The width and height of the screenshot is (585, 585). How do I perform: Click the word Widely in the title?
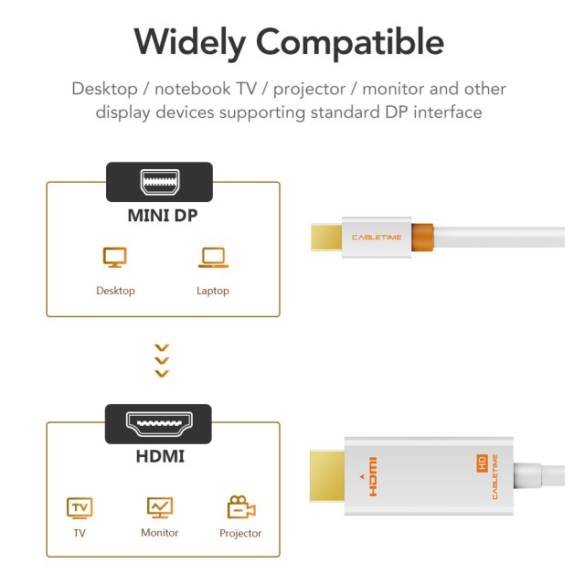189,43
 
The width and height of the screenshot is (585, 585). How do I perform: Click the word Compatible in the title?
350,43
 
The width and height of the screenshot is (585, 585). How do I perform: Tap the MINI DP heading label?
162,218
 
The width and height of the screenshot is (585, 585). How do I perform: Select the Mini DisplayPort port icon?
159,181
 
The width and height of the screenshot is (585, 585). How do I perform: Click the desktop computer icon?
115,258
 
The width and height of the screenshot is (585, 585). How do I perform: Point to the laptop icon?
212,258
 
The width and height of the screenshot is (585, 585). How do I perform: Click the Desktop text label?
115,291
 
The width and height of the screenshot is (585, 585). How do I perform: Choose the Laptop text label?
212,291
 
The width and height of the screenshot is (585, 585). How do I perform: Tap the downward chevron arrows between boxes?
162,360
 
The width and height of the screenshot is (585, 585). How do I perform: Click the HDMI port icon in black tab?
158,424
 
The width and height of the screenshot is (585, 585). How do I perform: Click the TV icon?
80,507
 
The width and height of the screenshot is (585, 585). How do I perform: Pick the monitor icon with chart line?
160,507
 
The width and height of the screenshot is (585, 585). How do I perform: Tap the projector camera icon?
240,507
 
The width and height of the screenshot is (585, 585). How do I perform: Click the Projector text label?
240,533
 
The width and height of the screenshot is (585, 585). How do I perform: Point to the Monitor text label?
160,532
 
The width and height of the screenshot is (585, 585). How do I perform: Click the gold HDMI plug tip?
327,476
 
